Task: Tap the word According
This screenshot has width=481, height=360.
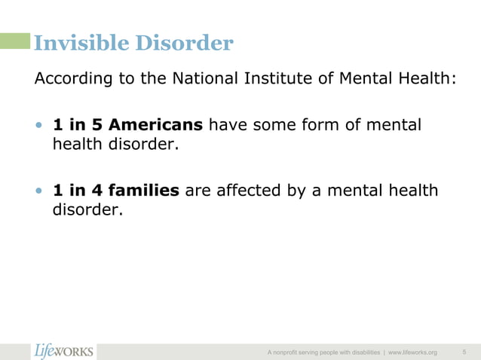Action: coord(69,79)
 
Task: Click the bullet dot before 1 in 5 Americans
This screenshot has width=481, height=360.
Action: coord(40,125)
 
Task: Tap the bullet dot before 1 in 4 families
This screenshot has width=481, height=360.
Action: coord(40,191)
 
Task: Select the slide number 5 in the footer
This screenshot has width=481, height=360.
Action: coord(464,352)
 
